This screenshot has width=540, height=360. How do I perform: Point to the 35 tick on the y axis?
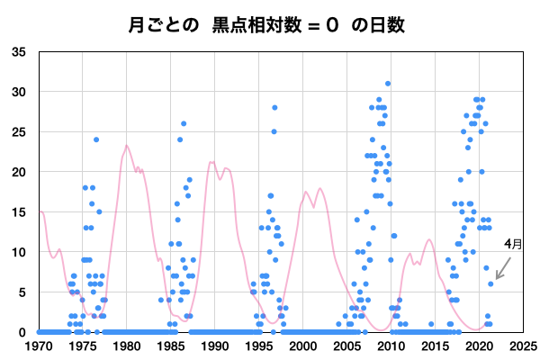[19, 51]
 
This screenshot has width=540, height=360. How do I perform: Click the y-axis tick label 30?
[19, 92]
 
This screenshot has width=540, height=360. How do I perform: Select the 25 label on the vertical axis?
[19, 131]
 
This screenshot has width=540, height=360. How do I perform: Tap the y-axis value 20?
[19, 172]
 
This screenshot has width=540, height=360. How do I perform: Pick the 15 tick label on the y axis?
[19, 211]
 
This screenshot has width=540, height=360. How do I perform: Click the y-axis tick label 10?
[19, 252]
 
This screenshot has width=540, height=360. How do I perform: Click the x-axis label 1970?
[39, 345]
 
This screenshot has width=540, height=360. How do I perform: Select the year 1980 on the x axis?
[127, 345]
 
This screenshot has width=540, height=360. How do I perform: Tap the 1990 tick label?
[215, 345]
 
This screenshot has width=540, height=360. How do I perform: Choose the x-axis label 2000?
[303, 345]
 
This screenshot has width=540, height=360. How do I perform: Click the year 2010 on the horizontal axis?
[391, 345]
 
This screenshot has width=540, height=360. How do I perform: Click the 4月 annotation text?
[512, 243]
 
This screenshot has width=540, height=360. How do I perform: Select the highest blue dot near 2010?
[388, 84]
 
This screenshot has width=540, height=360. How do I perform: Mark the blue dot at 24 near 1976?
[96, 139]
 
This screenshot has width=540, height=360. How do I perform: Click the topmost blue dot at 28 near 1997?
[274, 108]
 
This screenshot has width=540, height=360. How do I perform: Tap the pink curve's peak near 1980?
[127, 146]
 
